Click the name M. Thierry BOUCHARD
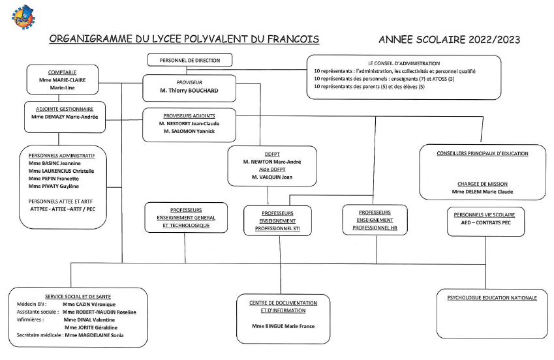(189, 91)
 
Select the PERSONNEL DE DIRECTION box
(190, 60)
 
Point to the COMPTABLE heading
(63, 72)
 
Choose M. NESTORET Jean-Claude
(189, 123)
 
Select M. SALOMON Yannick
(189, 131)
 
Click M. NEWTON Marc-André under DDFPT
(272, 160)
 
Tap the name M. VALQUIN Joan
(272, 176)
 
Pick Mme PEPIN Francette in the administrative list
(54, 178)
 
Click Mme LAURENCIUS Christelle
(61, 171)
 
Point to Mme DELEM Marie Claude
(482, 192)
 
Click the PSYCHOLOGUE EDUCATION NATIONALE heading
(492, 298)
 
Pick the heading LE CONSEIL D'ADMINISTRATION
(403, 63)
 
